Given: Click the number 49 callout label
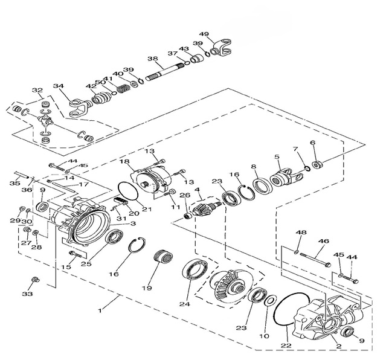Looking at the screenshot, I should (204, 34).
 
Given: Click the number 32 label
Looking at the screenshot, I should (37, 91).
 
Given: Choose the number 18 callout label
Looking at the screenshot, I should (124, 162).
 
